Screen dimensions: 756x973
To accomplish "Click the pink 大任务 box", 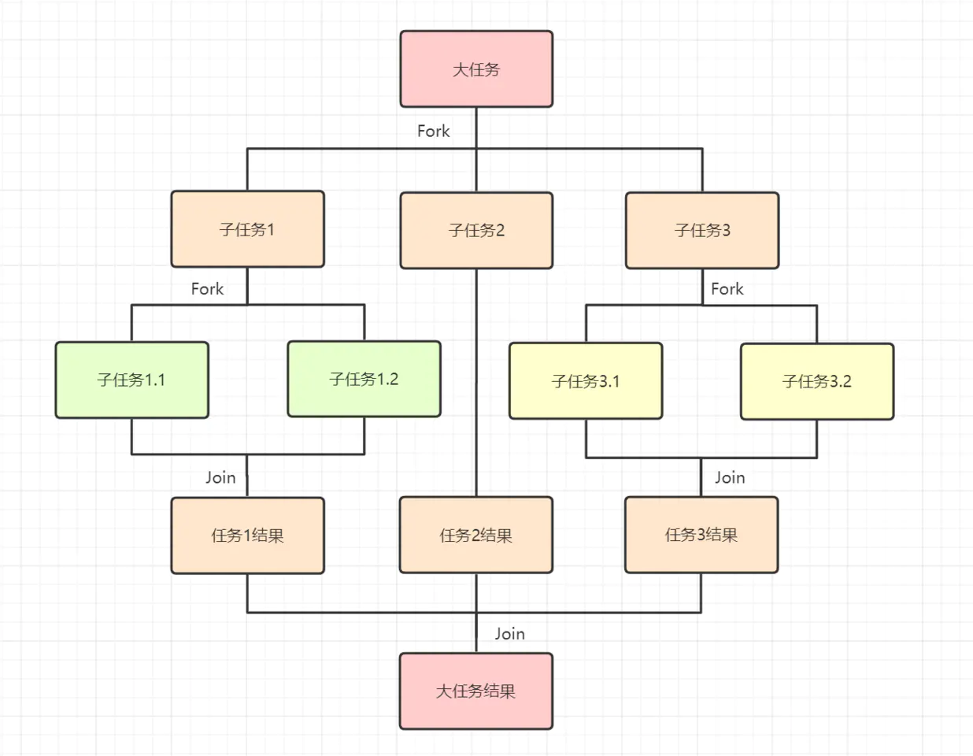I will coord(476,69).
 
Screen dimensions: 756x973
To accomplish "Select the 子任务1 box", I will coord(247,229).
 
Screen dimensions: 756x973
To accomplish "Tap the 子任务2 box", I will coord(476,230).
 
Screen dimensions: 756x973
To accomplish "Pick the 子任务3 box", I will coord(702,230).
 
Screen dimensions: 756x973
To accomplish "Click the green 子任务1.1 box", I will coord(131,380).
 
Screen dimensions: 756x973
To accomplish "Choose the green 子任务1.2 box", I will coord(364,379).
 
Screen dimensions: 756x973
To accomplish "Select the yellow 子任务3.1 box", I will coord(586,381).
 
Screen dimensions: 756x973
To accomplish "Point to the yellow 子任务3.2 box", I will coord(817,381).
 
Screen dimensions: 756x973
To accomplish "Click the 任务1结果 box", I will coord(247,535).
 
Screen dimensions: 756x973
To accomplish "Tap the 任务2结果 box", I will coord(475,535).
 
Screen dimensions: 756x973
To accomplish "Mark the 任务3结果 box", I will coord(701,535).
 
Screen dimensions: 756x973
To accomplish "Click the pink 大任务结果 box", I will coord(475,691).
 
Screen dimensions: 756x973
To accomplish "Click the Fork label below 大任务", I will coord(433,132).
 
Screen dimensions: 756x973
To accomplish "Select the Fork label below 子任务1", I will coord(207,289).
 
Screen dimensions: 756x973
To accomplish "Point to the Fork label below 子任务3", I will coord(727,289).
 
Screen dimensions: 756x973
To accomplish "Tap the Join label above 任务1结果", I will coord(220,477).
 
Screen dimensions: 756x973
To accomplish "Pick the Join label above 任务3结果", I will coord(730,477).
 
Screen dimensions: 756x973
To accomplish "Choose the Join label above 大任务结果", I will coord(509,633).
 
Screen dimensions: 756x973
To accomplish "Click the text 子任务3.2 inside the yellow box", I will coord(817,381).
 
